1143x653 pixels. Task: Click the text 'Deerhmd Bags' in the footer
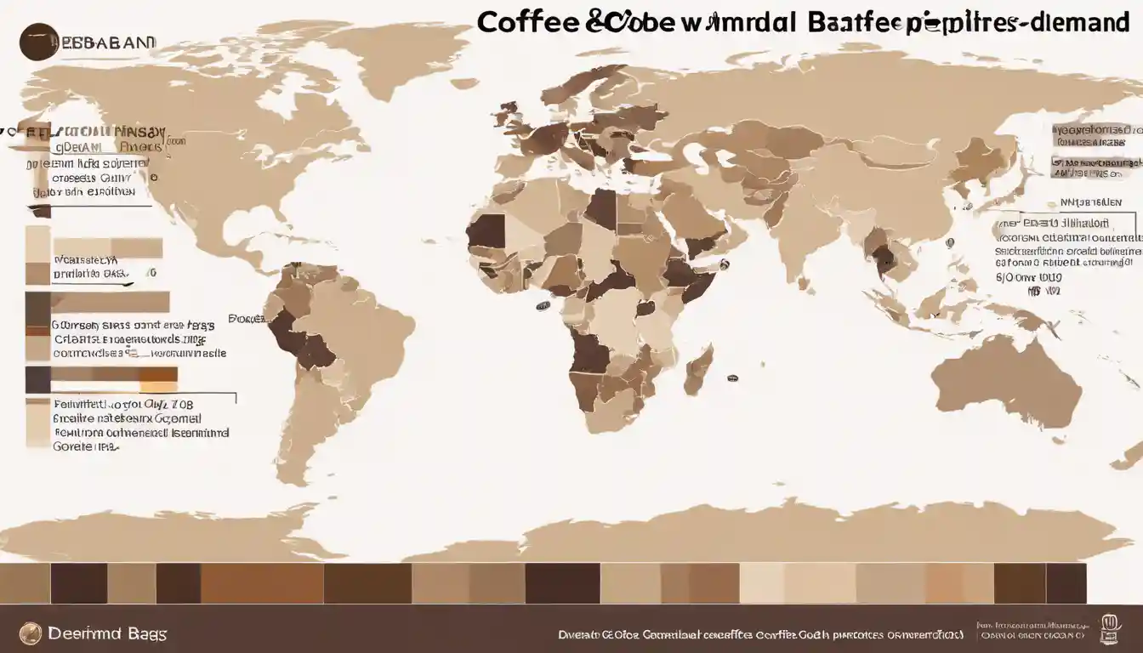click(108, 633)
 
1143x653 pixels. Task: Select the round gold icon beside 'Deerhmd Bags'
click(31, 633)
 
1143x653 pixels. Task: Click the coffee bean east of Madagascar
click(731, 377)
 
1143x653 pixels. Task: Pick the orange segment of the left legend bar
click(158, 374)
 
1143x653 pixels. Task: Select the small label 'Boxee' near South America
click(245, 321)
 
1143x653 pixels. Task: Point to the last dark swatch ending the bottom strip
click(1066, 583)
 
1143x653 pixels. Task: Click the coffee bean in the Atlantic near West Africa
click(542, 305)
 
